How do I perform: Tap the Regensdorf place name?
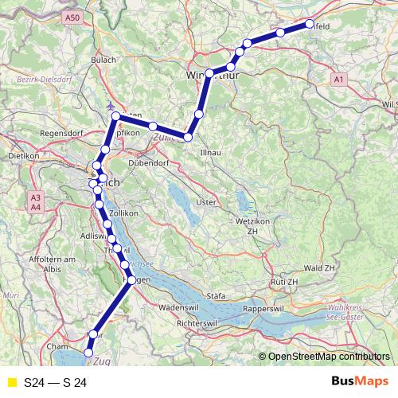(x=39, y=133)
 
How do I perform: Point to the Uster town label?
(x=205, y=202)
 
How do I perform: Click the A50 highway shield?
(x=72, y=17)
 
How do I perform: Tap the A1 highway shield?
(x=339, y=80)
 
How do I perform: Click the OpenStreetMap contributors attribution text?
(x=329, y=357)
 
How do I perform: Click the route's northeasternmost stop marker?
(x=310, y=24)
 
